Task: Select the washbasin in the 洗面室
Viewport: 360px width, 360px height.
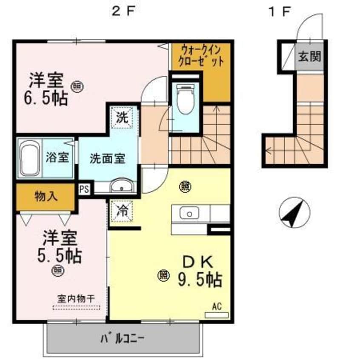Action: coord(122,186)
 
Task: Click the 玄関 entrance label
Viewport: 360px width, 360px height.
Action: coord(309,56)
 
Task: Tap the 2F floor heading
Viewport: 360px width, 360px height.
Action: coord(123,12)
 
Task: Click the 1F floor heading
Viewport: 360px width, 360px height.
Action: coord(280,12)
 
